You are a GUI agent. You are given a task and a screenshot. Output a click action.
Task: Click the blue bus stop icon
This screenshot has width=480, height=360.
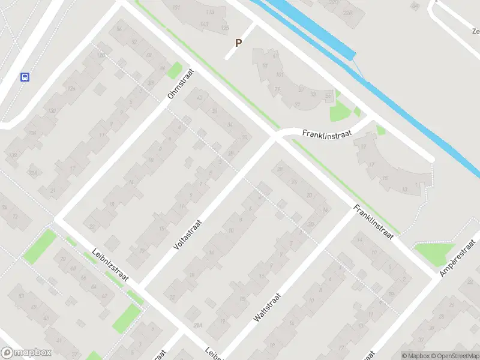[x=25, y=77]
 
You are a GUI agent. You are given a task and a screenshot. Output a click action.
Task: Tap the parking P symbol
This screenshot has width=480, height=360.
[x=239, y=43]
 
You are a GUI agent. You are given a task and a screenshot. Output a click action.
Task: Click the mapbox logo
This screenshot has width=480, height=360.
[x=25, y=353]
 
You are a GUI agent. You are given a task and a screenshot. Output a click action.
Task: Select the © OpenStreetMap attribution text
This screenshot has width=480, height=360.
[x=455, y=356]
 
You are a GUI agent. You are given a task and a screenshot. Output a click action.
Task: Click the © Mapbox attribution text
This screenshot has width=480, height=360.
[x=416, y=356]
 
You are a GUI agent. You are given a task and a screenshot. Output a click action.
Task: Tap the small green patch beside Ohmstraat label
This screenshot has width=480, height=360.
[x=174, y=71]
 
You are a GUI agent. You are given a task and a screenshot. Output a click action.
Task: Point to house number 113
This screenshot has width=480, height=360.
[x=210, y=12]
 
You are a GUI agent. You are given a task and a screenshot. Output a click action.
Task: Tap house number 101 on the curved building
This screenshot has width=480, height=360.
[x=280, y=74]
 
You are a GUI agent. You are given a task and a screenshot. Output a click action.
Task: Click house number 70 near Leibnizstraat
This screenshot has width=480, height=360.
[x=63, y=259]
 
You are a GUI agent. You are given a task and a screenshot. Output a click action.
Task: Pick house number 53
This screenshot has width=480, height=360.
[x=22, y=296]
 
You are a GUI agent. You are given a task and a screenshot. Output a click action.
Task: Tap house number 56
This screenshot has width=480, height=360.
[x=119, y=29]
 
